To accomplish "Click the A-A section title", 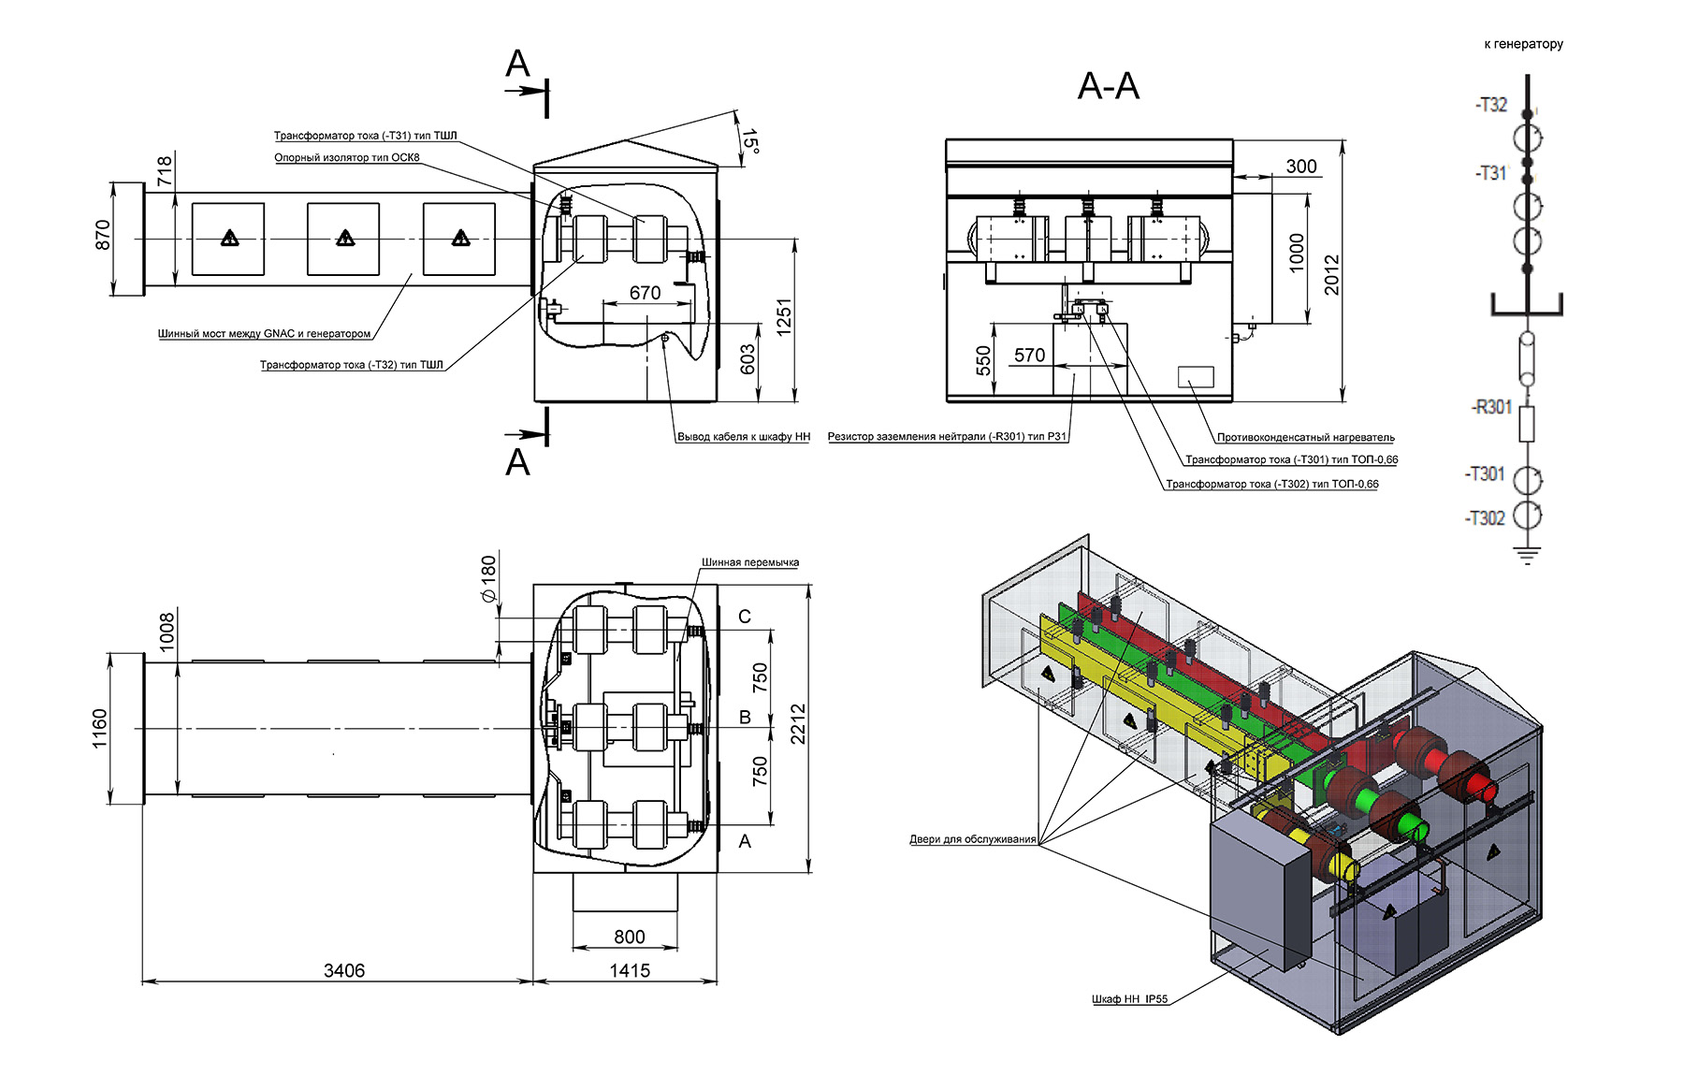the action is [x=1109, y=86].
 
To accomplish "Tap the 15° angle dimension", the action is [x=749, y=140].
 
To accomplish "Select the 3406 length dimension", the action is [x=344, y=970].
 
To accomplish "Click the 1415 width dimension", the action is [x=630, y=970].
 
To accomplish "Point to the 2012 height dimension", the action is [x=1331, y=274].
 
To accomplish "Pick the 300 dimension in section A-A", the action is [x=1301, y=167].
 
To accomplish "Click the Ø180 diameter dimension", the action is [x=488, y=579].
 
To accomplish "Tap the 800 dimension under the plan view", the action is [x=630, y=937].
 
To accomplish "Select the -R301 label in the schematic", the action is [x=1491, y=407].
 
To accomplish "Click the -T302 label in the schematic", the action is [x=1485, y=518].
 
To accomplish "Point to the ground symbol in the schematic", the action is [x=1527, y=555].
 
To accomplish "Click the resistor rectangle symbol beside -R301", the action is [x=1527, y=424].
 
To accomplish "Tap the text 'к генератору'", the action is [x=1523, y=44].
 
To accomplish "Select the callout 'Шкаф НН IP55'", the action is [x=1130, y=999].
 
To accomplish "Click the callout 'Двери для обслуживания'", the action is [x=973, y=839].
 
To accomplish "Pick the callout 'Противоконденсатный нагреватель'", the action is [x=1306, y=437].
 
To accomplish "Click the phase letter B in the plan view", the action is [x=745, y=718].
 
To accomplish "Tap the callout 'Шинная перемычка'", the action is [x=750, y=562].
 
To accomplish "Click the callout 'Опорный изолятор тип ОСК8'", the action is [x=347, y=157].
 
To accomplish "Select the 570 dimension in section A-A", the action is [x=1029, y=356].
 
